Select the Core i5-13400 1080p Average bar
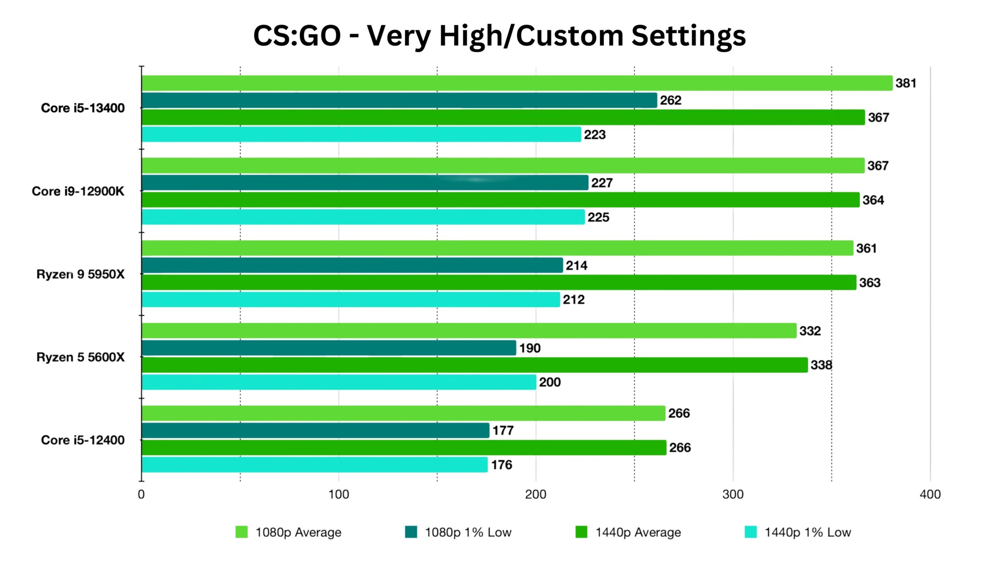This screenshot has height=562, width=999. pyautogui.click(x=517, y=83)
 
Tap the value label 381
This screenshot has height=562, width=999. pyautogui.click(x=906, y=83)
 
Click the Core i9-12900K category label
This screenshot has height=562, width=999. pyautogui.click(x=78, y=191)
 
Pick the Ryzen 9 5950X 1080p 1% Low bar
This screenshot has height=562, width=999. pyautogui.click(x=352, y=265)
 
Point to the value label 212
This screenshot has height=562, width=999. pyautogui.click(x=574, y=300)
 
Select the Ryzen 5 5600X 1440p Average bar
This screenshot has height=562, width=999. pyautogui.click(x=475, y=365)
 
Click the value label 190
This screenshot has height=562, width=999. pyautogui.click(x=530, y=348)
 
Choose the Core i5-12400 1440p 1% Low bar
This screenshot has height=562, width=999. pyautogui.click(x=315, y=464)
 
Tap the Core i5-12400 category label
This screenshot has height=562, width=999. pyautogui.click(x=83, y=440)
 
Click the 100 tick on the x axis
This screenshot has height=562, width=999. pyautogui.click(x=339, y=495)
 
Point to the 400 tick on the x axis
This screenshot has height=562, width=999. pyautogui.click(x=930, y=495)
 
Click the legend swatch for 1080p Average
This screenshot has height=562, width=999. pyautogui.click(x=241, y=532)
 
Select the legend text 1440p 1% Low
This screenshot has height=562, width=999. pyautogui.click(x=807, y=532)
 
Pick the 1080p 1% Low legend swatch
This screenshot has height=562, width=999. pyautogui.click(x=411, y=532)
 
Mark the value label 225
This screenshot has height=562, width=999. pyautogui.click(x=598, y=218)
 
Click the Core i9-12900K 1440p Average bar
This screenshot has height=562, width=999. pyautogui.click(x=500, y=200)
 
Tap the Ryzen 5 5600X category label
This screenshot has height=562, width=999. pyautogui.click(x=80, y=358)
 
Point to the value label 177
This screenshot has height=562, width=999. pyautogui.click(x=503, y=431)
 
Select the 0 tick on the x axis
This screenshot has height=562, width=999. pyautogui.click(x=141, y=495)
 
